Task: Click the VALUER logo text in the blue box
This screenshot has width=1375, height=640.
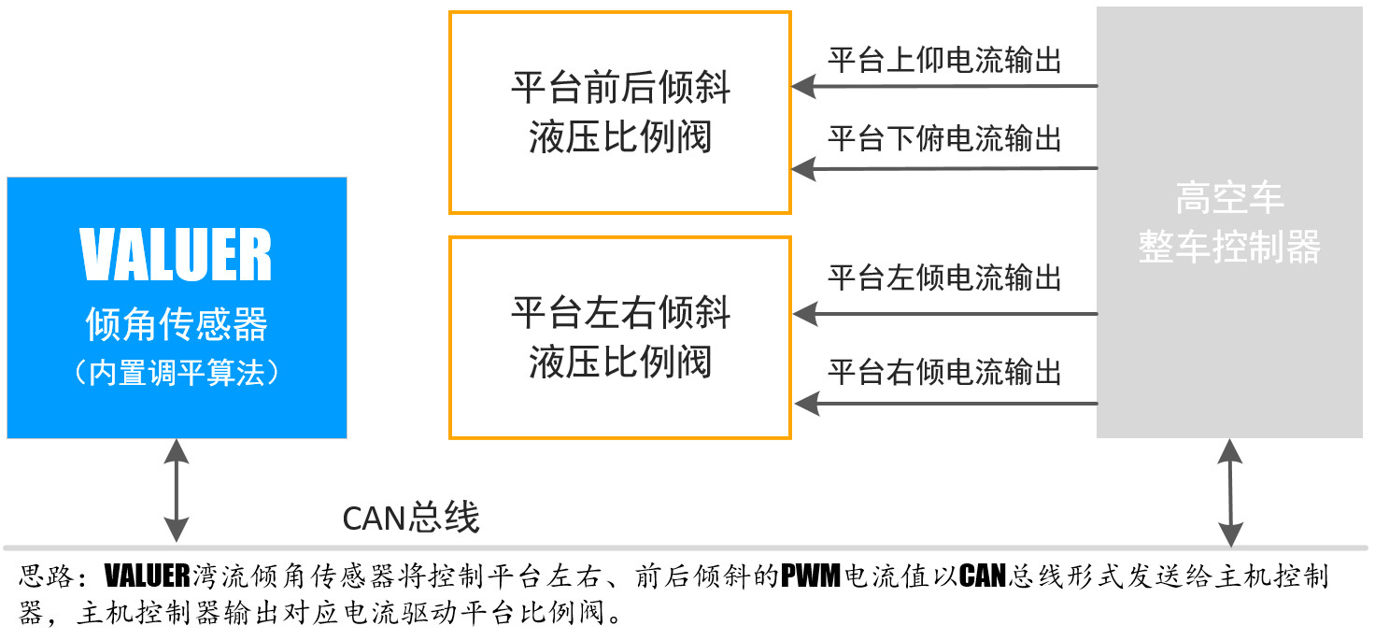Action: pyautogui.click(x=177, y=255)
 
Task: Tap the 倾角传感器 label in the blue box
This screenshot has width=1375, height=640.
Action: pyautogui.click(x=177, y=324)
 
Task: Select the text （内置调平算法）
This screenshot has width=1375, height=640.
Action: pyautogui.click(x=177, y=373)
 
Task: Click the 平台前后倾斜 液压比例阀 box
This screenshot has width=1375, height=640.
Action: pyautogui.click(x=620, y=112)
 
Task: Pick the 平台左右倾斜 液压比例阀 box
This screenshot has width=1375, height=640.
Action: pyautogui.click(x=620, y=337)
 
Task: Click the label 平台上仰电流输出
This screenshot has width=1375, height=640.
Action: pyautogui.click(x=944, y=60)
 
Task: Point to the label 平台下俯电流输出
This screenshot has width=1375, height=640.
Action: pyautogui.click(x=944, y=138)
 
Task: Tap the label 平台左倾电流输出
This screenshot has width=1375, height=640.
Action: pyautogui.click(x=944, y=277)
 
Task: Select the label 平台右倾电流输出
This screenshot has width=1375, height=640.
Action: pyautogui.click(x=944, y=372)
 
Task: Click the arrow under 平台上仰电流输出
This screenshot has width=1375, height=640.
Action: pyautogui.click(x=943, y=87)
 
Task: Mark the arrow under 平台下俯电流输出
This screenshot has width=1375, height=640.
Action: pyautogui.click(x=943, y=169)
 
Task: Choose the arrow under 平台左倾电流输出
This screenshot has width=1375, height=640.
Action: pyautogui.click(x=943, y=314)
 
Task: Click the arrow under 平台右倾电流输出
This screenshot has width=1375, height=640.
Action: pyautogui.click(x=943, y=404)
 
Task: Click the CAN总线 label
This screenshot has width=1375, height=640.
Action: pyautogui.click(x=411, y=517)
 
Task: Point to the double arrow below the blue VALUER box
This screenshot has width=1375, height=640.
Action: pyautogui.click(x=176, y=491)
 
